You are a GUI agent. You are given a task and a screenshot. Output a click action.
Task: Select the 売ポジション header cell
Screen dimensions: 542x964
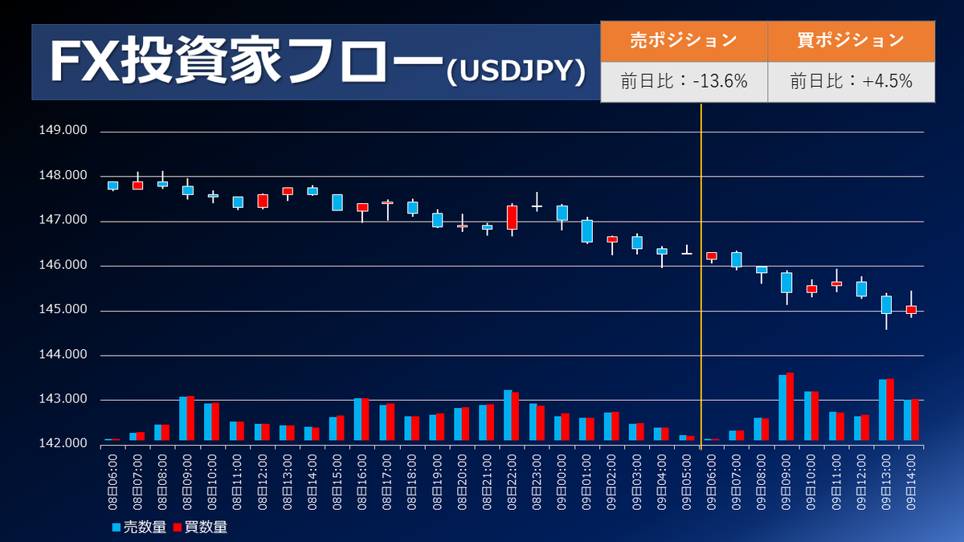pyautogui.click(x=684, y=40)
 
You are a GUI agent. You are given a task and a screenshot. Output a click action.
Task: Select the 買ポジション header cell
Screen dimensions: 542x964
pyautogui.click(x=851, y=40)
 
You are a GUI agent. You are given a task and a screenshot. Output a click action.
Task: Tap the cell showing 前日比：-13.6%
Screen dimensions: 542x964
pyautogui.click(x=684, y=81)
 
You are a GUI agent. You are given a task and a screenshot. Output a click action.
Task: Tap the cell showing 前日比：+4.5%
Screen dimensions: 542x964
pyautogui.click(x=851, y=81)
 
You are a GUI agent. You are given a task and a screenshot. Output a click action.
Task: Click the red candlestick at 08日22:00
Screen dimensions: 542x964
pyautogui.click(x=512, y=218)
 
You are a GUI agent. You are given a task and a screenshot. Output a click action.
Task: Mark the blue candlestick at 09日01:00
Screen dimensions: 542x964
pyautogui.click(x=586, y=231)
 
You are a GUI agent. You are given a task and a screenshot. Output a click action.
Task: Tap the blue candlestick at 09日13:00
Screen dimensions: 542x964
pyautogui.click(x=886, y=304)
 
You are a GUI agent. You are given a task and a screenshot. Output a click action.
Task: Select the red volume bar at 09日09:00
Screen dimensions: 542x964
pyautogui.click(x=790, y=406)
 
